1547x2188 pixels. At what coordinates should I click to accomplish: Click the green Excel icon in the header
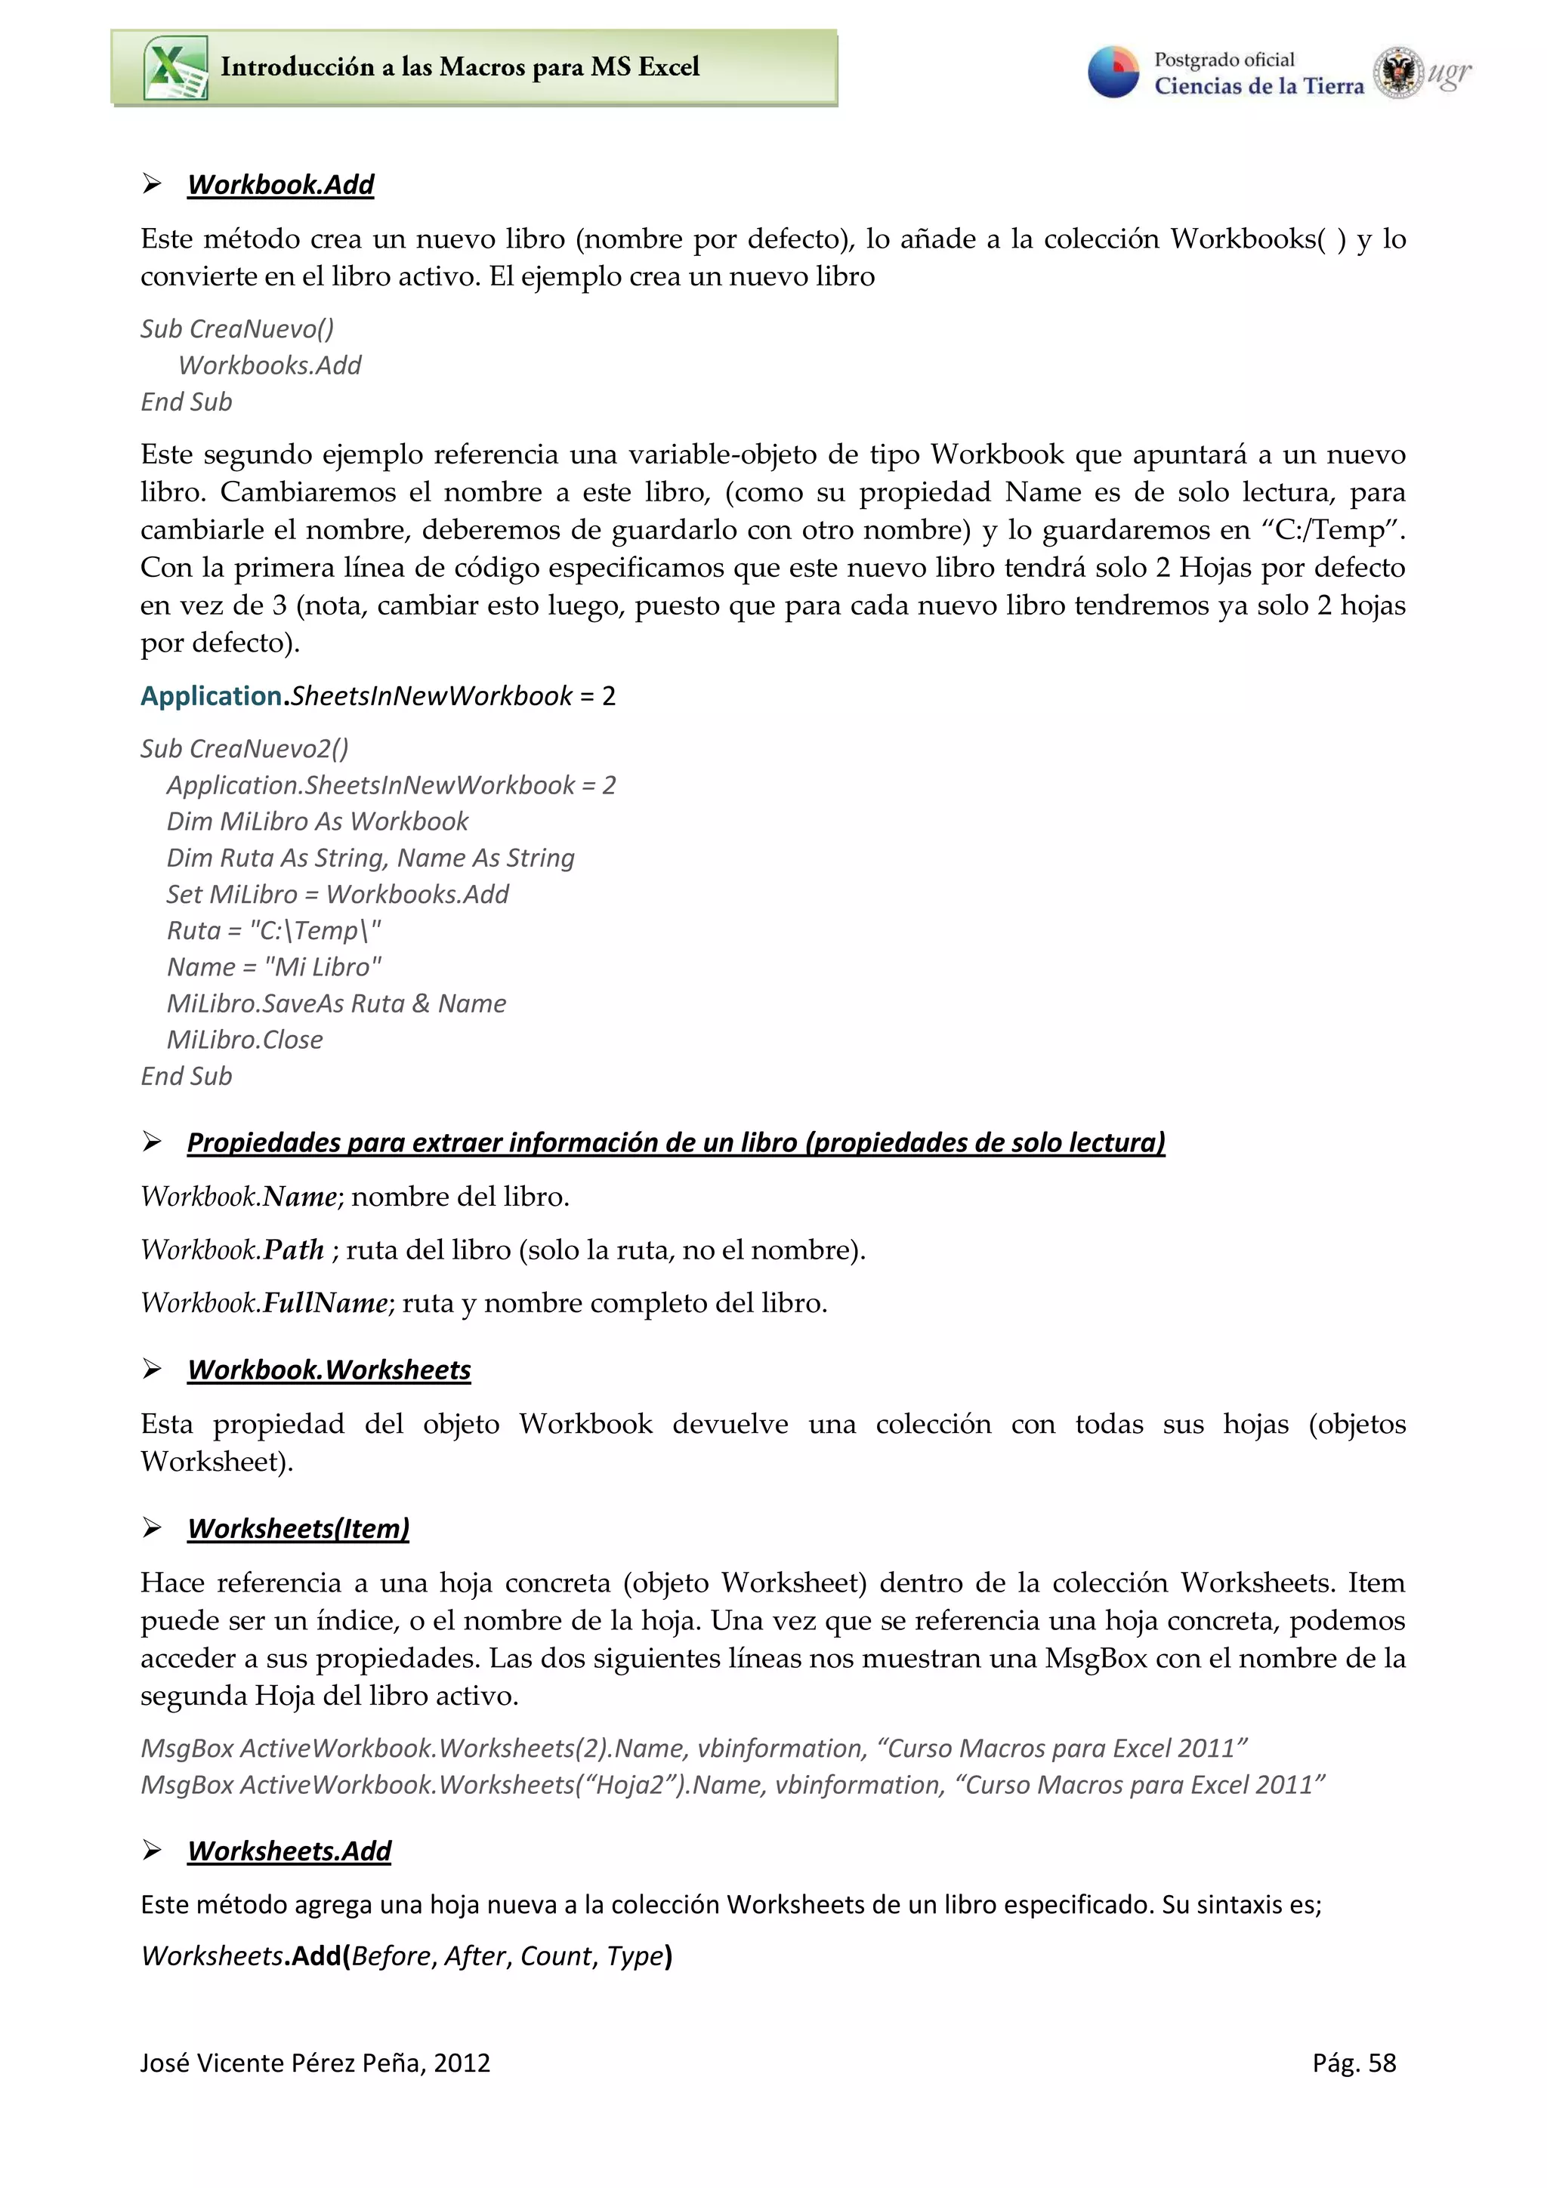pyautogui.click(x=175, y=68)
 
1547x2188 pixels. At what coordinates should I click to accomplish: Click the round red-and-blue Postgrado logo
pyautogui.click(x=1113, y=72)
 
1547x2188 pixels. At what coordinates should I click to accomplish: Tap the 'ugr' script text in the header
pyautogui.click(x=1449, y=73)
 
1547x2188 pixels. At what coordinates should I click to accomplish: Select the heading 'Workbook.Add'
pyautogui.click(x=280, y=185)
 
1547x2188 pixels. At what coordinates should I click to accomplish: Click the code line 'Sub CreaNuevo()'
pyautogui.click(x=237, y=328)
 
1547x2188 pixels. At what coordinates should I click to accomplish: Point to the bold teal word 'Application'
pyautogui.click(x=211, y=697)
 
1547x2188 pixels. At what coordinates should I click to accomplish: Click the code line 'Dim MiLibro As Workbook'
pyautogui.click(x=317, y=821)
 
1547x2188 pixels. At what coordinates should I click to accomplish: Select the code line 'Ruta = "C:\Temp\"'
pyautogui.click(x=273, y=930)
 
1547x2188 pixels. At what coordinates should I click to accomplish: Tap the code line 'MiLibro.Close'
pyautogui.click(x=245, y=1040)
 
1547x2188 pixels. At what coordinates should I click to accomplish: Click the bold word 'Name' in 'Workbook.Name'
pyautogui.click(x=299, y=1197)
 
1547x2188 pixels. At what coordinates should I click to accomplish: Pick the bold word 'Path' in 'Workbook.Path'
pyautogui.click(x=294, y=1250)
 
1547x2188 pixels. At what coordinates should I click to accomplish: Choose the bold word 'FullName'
pyautogui.click(x=325, y=1304)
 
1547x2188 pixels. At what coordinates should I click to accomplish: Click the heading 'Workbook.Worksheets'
pyautogui.click(x=329, y=1370)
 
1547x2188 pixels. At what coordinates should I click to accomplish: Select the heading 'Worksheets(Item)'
pyautogui.click(x=298, y=1529)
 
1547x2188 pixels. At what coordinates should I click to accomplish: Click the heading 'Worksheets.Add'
pyautogui.click(x=289, y=1851)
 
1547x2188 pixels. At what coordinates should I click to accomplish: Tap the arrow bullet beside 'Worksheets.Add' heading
pyautogui.click(x=152, y=1851)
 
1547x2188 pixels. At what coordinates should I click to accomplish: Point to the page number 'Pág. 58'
pyautogui.click(x=1354, y=2063)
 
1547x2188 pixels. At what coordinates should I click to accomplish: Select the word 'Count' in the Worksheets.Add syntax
pyautogui.click(x=556, y=1956)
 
